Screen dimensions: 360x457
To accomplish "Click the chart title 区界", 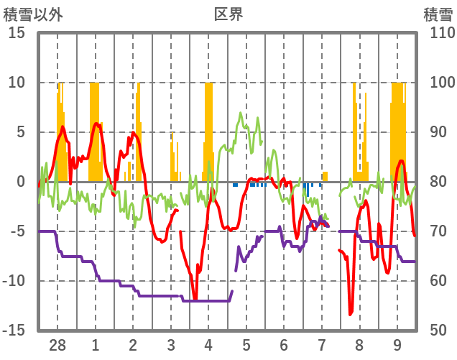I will pos(228,14).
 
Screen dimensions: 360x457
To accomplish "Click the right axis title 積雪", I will pos(437,14).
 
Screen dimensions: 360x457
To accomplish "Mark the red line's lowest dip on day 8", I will pos(350,314).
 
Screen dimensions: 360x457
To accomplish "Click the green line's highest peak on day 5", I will pos(241,113).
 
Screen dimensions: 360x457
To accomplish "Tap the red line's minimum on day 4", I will pos(195,300).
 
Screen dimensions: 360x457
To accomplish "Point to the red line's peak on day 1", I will pos(96,123).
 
